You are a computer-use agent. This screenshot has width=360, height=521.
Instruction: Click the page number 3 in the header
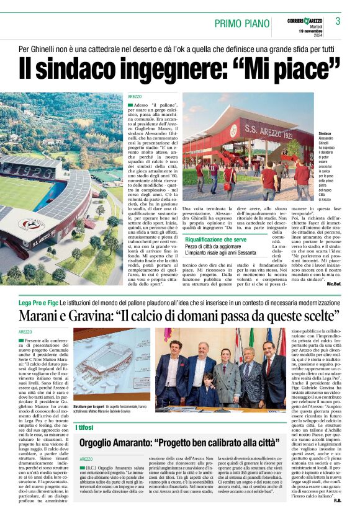[x=337, y=22]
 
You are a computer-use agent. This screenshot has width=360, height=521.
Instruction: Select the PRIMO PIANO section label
[x=243, y=24]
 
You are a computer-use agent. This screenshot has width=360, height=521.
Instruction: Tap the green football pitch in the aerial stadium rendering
[x=22, y=192]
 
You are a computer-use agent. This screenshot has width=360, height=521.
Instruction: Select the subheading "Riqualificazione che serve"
[x=215, y=239]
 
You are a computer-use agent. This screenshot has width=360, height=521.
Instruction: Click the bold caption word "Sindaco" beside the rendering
[x=325, y=133]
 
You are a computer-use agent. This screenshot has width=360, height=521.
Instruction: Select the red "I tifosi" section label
[x=84, y=427]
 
